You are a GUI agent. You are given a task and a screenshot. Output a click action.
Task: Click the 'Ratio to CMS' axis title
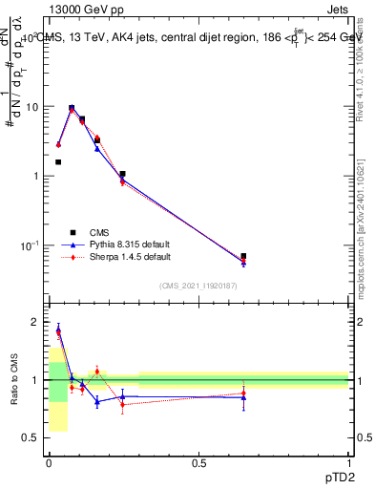pyautogui.click(x=14, y=379)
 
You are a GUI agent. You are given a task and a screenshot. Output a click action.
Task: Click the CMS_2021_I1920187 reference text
pyautogui.click(x=198, y=286)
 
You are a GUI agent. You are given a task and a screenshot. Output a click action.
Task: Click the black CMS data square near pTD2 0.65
pyautogui.click(x=243, y=256)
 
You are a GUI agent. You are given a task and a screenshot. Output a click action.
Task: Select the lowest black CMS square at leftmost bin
pyautogui.click(x=58, y=162)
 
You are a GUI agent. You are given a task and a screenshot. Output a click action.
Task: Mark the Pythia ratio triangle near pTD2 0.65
pyautogui.click(x=243, y=397)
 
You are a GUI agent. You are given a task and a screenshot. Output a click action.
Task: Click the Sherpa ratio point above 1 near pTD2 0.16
pyautogui.click(x=97, y=372)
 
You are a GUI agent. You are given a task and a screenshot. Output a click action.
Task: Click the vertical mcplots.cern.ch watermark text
pyautogui.click(x=364, y=239)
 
